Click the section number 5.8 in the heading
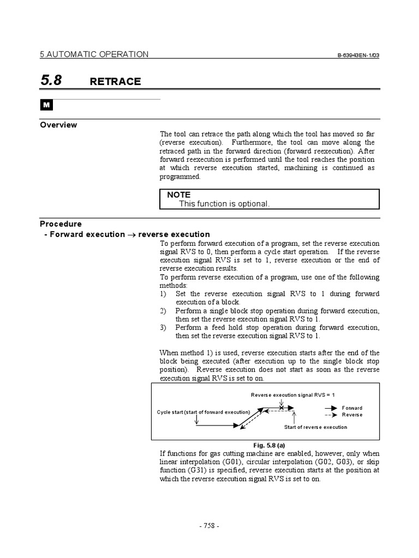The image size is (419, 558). point(51,81)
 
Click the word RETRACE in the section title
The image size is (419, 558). point(115,82)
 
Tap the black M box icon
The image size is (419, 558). point(45,106)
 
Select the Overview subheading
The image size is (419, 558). point(58,125)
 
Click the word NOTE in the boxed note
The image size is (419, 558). point(178,195)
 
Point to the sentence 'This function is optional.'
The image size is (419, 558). point(224,203)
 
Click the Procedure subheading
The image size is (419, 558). point(61,224)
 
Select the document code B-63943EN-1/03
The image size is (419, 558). point(358,56)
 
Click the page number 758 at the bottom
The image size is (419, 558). point(209,526)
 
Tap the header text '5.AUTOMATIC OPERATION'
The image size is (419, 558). point(94,54)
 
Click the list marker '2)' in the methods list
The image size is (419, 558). point(163,311)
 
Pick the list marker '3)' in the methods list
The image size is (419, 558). point(163,327)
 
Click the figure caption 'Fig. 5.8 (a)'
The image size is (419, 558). point(265,445)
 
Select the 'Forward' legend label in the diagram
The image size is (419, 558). point(352,408)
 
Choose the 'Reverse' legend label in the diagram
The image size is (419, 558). point(352,415)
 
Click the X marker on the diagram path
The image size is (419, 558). point(281,407)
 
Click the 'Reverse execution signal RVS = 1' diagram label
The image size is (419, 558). point(293,395)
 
